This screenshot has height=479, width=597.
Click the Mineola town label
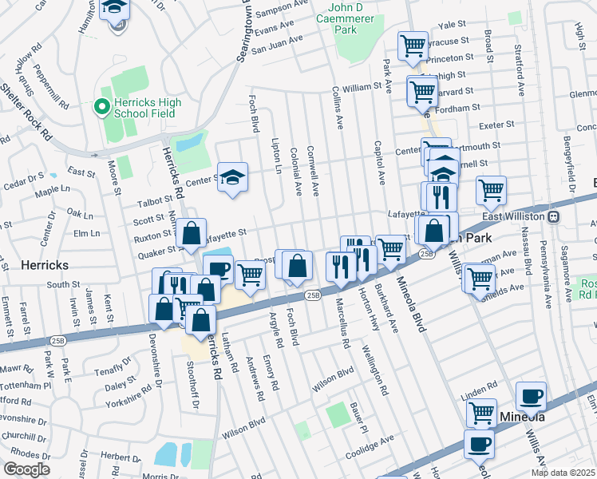click(522, 417)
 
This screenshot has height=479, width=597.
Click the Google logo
click(27, 469)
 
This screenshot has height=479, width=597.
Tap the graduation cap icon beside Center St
click(232, 177)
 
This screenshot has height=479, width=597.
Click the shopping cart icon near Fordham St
click(422, 89)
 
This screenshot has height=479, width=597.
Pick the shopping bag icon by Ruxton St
click(192, 234)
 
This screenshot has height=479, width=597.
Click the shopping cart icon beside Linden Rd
click(481, 413)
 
